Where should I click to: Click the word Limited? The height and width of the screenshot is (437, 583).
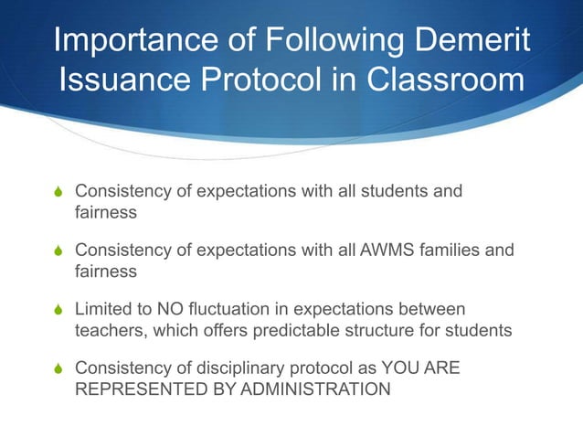coord(101,309)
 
